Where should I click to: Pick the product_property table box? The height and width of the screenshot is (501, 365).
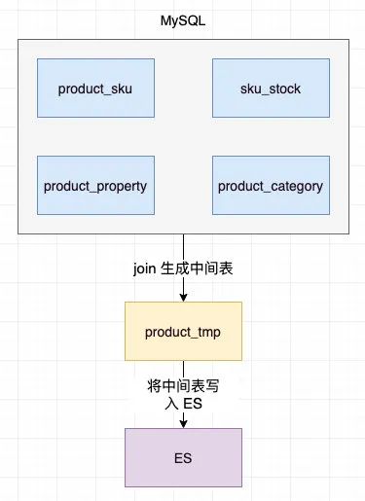pyautogui.click(x=95, y=185)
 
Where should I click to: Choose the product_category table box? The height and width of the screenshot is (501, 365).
pyautogui.click(x=270, y=185)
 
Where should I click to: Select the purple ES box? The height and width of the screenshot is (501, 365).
pyautogui.click(x=183, y=457)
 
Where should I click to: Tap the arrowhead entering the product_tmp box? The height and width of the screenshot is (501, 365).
pyautogui.click(x=183, y=297)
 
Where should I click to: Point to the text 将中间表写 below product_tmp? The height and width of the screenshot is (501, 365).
pyautogui.click(x=183, y=386)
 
